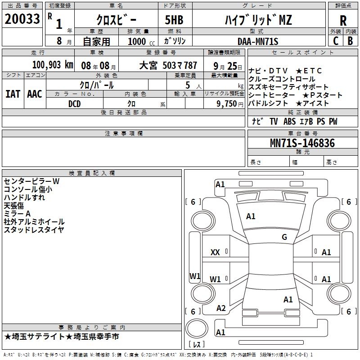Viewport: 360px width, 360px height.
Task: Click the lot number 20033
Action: click(22, 19)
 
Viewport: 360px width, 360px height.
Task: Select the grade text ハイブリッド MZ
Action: click(258, 20)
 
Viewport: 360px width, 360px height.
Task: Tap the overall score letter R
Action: click(343, 21)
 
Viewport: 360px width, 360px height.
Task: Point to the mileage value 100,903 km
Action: click(53, 65)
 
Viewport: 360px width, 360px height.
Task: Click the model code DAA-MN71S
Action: click(258, 41)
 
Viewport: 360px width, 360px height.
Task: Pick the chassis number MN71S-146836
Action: click(302, 143)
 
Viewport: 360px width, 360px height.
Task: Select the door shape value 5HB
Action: click(174, 20)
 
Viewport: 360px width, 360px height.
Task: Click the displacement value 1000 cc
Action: click(141, 41)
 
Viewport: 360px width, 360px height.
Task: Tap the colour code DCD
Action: click(74, 104)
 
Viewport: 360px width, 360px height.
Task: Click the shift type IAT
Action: click(13, 94)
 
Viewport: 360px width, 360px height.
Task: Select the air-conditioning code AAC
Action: click(35, 94)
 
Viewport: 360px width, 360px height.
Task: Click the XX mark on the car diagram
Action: click(215, 252)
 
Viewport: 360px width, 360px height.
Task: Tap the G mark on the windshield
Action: click(284, 237)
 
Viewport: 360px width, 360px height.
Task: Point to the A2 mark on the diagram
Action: click(221, 308)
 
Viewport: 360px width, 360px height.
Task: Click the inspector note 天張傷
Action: click(14, 206)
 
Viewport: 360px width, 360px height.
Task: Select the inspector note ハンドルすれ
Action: click(24, 198)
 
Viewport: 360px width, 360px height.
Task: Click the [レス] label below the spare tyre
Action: click(197, 344)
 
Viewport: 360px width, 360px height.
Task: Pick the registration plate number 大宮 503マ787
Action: click(168, 66)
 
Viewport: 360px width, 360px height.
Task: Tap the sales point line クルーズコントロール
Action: click(282, 79)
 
